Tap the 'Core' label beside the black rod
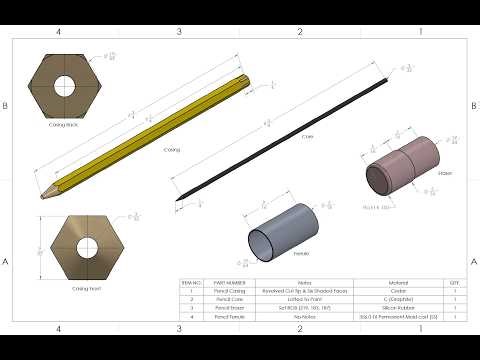[307, 135]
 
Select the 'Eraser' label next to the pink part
[445, 173]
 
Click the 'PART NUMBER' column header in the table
[231, 283]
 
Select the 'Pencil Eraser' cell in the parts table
[231, 307]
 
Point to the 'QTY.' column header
[454, 283]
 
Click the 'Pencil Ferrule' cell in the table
[231, 315]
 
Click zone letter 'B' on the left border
[7, 105]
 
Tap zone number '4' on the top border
[59, 32]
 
